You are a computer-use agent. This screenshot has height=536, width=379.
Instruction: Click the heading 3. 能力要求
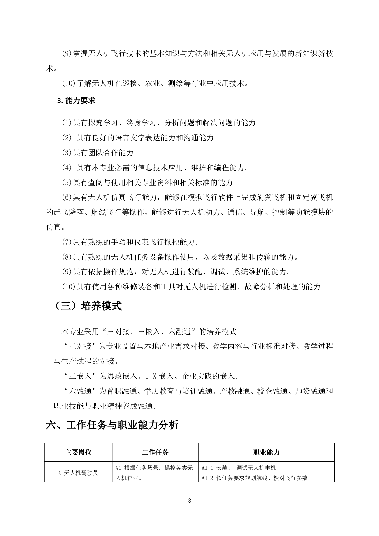click(x=76, y=101)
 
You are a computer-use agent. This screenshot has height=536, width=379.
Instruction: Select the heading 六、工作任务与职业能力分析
click(x=112, y=425)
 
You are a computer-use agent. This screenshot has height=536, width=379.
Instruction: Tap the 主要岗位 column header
click(x=78, y=452)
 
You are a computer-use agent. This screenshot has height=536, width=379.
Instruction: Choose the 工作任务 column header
click(x=155, y=452)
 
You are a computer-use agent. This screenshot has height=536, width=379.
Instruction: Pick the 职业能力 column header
click(x=266, y=452)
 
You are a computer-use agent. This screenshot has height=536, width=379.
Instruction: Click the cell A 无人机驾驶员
click(x=78, y=473)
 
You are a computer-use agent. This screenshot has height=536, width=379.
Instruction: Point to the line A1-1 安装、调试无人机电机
click(x=239, y=468)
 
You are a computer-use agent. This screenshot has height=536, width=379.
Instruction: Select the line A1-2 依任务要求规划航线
click(x=255, y=478)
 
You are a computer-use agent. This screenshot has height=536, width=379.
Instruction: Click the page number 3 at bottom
click(x=190, y=501)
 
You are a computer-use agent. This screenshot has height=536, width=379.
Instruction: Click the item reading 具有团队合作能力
click(x=100, y=152)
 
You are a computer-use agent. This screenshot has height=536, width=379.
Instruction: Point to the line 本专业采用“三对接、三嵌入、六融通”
click(x=151, y=332)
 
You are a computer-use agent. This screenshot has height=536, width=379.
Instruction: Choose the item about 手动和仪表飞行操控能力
click(x=130, y=242)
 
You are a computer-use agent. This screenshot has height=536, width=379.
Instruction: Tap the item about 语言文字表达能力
click(x=140, y=138)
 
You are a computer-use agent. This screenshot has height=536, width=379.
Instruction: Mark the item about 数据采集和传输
click(x=180, y=257)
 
